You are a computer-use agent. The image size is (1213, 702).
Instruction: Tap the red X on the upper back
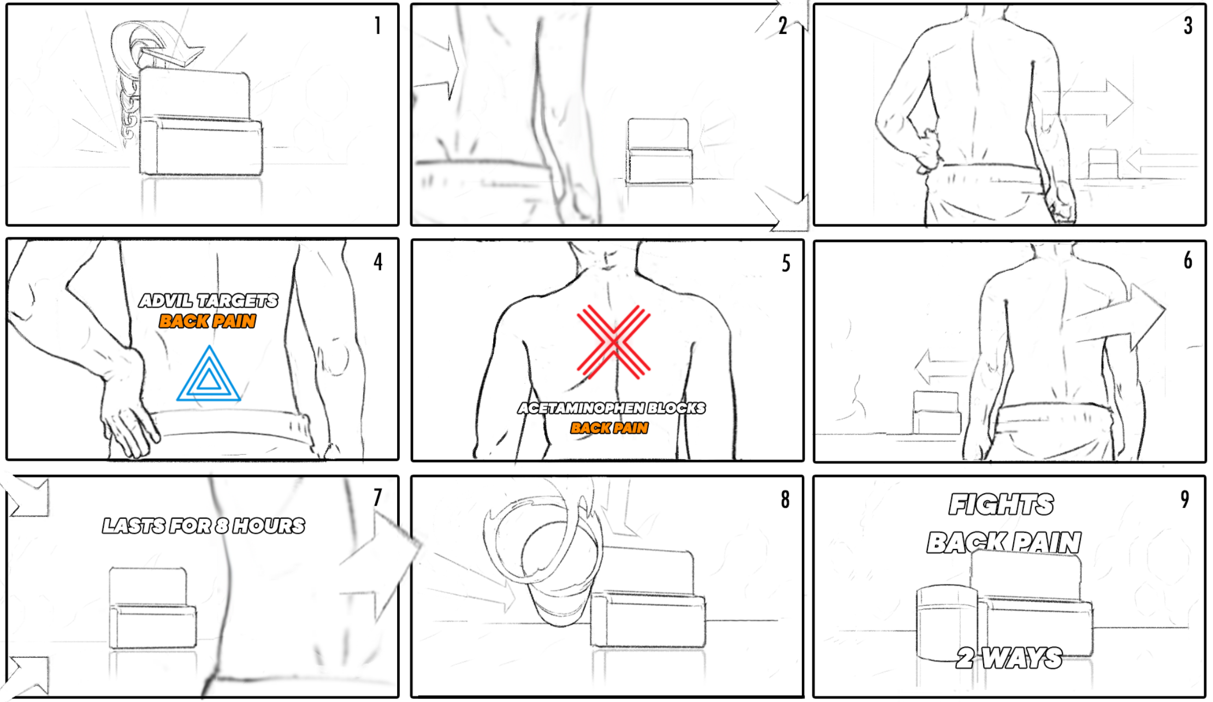(x=614, y=341)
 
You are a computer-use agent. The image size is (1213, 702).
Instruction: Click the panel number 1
(x=377, y=26)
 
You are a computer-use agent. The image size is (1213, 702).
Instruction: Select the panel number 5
(x=786, y=263)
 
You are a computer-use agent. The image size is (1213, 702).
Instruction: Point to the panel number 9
(x=1185, y=499)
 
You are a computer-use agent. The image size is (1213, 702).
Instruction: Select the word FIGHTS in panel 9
(x=1002, y=504)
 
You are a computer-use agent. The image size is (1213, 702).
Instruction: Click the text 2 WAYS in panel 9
(x=1009, y=658)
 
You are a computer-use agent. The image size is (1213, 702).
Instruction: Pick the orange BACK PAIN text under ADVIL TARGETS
(x=208, y=321)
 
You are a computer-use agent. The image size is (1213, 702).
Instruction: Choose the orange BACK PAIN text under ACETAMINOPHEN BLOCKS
(x=610, y=428)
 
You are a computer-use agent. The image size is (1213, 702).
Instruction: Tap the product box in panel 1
(x=200, y=123)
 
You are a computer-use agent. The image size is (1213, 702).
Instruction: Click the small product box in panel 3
(x=1103, y=163)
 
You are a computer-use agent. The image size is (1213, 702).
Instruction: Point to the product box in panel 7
(x=152, y=608)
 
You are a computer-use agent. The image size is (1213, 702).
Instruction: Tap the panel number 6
(x=1188, y=261)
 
